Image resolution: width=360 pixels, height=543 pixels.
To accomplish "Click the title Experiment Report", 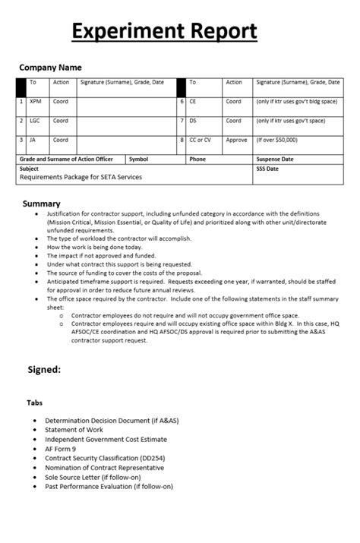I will [164, 32].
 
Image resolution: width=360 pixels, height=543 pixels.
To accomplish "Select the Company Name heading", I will [50, 68].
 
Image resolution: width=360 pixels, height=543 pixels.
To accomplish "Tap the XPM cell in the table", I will [36, 101].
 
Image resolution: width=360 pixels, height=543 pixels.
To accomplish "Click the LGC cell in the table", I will [36, 121].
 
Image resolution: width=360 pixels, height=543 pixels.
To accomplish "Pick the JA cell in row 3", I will [33, 140].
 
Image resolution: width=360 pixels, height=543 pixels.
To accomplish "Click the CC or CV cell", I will [201, 140].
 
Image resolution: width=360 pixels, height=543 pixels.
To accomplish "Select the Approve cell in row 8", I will [236, 140].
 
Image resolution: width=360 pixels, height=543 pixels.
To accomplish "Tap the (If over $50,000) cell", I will [277, 140].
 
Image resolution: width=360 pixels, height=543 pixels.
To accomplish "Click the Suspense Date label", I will [275, 159].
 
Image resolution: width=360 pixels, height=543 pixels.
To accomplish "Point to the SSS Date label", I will [267, 169].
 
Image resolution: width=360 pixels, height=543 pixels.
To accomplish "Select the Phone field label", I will [197, 159].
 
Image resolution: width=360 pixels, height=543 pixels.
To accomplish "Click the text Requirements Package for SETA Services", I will [81, 177].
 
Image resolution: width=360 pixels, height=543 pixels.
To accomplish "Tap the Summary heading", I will [42, 204].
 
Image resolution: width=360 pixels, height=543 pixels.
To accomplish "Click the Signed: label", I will [44, 370].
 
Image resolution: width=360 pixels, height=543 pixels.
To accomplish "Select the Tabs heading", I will [35, 403].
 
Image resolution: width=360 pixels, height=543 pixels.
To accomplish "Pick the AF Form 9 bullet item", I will [61, 449].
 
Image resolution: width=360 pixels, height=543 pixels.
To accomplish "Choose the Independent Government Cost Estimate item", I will [106, 439].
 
